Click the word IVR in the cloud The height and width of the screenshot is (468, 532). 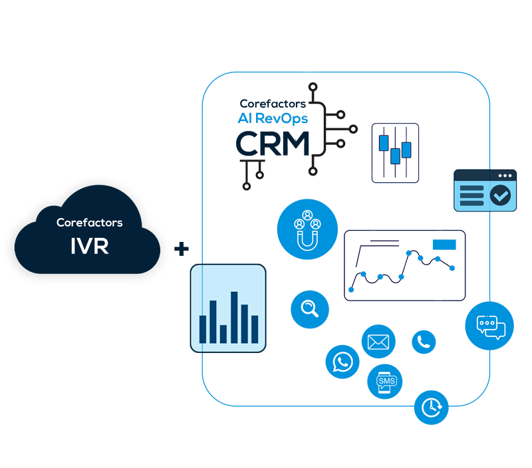pyautogui.click(x=89, y=246)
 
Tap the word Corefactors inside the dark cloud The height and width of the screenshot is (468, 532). pyautogui.click(x=89, y=223)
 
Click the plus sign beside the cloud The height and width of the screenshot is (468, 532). pyautogui.click(x=181, y=249)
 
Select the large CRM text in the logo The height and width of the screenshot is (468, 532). pyautogui.click(x=273, y=144)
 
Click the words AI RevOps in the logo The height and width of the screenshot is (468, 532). pyautogui.click(x=273, y=118)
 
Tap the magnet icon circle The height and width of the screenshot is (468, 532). pyautogui.click(x=307, y=229)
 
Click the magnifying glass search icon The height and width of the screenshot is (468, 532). pyautogui.click(x=310, y=308)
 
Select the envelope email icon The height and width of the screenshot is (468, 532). pyautogui.click(x=378, y=342)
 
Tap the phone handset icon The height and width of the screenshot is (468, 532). pyautogui.click(x=424, y=342)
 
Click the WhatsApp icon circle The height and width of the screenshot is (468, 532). pyautogui.click(x=342, y=362)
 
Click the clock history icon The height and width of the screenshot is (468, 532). pyautogui.click(x=431, y=406)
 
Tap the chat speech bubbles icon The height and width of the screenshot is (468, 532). pyautogui.click(x=490, y=325)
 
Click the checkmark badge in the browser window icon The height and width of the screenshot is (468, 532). pyautogui.click(x=500, y=195)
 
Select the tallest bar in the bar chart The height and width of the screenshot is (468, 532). pyautogui.click(x=234, y=317)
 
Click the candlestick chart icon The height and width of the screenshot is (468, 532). pyautogui.click(x=395, y=152)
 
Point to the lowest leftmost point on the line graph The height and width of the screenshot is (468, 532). pyautogui.click(x=352, y=290)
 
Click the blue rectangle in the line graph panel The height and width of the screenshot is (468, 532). pyautogui.click(x=444, y=245)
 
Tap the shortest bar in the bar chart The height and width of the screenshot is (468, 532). pyautogui.click(x=223, y=334)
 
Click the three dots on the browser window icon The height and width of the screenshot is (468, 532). pyautogui.click(x=506, y=175)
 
